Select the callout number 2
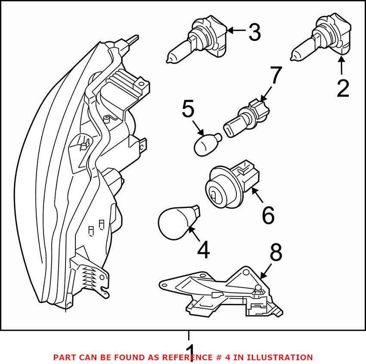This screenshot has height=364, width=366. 343,88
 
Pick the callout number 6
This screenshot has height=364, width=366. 268,215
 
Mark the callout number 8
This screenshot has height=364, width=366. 276,253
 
